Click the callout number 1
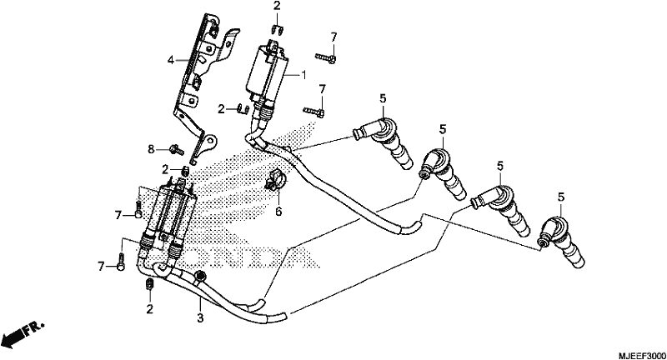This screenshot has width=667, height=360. (303, 75)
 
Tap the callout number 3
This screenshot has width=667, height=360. (200, 317)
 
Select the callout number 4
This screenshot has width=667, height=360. (171, 60)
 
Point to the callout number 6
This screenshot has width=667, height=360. (278, 211)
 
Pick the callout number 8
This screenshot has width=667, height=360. (151, 149)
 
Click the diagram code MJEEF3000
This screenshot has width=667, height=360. (642, 354)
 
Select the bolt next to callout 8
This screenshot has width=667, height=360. (177, 149)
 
